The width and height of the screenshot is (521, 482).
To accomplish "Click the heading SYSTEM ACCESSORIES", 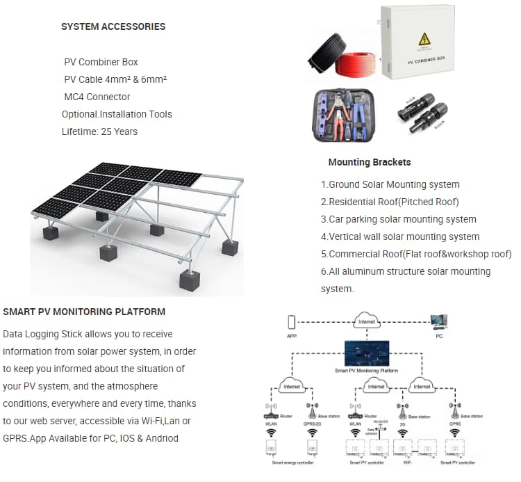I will coord(113,26).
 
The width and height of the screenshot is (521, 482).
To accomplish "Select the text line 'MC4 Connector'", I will coord(97,97).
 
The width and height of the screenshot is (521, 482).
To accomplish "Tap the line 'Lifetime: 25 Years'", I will coord(99,131).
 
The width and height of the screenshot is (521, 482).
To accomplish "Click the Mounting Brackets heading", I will coord(369,162).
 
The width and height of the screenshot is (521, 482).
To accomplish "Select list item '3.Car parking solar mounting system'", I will coord(398,219).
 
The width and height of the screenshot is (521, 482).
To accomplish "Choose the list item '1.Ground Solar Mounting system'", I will coord(390,184).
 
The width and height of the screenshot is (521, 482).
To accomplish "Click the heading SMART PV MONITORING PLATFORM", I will coord(84,312).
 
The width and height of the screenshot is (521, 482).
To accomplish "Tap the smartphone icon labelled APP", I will coord(292,322).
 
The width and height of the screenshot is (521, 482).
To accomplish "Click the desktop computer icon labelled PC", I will coord(438,322).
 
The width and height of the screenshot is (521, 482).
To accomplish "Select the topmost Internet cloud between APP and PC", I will coord(367,321).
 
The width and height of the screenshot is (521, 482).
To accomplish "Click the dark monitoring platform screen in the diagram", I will coord(367,353).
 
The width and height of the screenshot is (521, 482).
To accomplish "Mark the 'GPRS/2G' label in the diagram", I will coord(311,422).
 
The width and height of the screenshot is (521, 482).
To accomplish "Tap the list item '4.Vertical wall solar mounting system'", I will coord(400,236).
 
